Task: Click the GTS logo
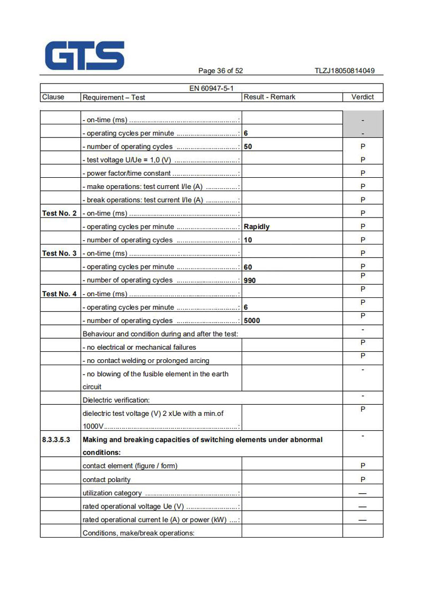(85, 56)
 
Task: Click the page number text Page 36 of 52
(220, 71)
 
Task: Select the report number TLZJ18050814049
(344, 71)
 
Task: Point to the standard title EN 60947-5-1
(212, 88)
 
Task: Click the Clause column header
(53, 97)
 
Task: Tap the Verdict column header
(362, 97)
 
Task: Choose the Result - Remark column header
(269, 97)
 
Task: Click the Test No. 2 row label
(59, 213)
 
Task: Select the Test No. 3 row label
(59, 253)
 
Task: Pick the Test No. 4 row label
(59, 294)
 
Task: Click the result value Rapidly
(256, 226)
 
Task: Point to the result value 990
(250, 280)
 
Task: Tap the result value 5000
(252, 321)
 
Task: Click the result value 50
(248, 147)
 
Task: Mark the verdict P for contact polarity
(363, 479)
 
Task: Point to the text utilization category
(112, 493)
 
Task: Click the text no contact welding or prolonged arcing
(146, 361)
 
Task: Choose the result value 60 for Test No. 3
(248, 267)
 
